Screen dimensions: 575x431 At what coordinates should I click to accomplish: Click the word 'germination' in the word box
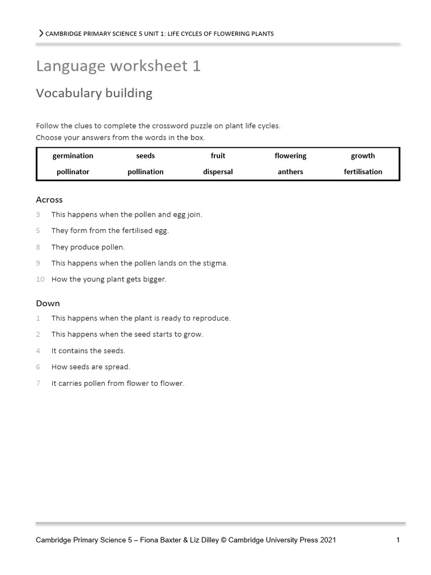pyautogui.click(x=73, y=156)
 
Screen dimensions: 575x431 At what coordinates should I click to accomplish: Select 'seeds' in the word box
pyautogui.click(x=145, y=156)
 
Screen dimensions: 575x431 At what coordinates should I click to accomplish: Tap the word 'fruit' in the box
pyautogui.click(x=218, y=156)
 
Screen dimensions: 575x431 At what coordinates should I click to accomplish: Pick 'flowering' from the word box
pyautogui.click(x=290, y=156)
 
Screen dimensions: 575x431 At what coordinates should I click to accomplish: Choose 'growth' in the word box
pyautogui.click(x=363, y=156)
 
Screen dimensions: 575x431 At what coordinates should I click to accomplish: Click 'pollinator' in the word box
pyautogui.click(x=73, y=172)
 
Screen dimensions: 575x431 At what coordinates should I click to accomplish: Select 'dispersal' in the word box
pyautogui.click(x=218, y=172)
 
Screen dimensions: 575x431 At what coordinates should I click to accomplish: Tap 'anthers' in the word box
pyautogui.click(x=290, y=172)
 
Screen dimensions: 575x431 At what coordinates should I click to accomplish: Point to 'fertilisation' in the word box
pyautogui.click(x=363, y=172)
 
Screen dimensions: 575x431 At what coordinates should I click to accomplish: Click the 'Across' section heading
pyautogui.click(x=49, y=200)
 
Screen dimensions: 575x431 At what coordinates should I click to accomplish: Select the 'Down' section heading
pyautogui.click(x=48, y=303)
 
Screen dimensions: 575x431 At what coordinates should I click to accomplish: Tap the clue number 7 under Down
pyautogui.click(x=38, y=384)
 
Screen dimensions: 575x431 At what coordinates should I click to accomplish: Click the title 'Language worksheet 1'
pyautogui.click(x=118, y=66)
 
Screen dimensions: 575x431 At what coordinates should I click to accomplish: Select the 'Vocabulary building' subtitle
pyautogui.click(x=94, y=93)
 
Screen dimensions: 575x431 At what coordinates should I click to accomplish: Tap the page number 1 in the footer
pyautogui.click(x=398, y=540)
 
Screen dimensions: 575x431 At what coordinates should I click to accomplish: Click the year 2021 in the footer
pyautogui.click(x=328, y=540)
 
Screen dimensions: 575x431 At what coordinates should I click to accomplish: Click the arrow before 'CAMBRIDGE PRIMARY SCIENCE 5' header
pyautogui.click(x=40, y=34)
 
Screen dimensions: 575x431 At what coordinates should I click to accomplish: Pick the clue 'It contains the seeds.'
pyautogui.click(x=88, y=351)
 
